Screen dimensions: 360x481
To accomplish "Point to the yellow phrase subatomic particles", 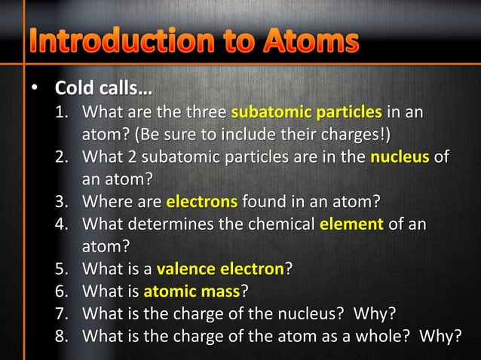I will click(306, 114).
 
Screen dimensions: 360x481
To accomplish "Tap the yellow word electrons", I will click(202, 202).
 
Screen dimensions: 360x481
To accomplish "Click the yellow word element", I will click(352, 224).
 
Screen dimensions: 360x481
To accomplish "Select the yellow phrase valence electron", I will click(220, 268).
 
